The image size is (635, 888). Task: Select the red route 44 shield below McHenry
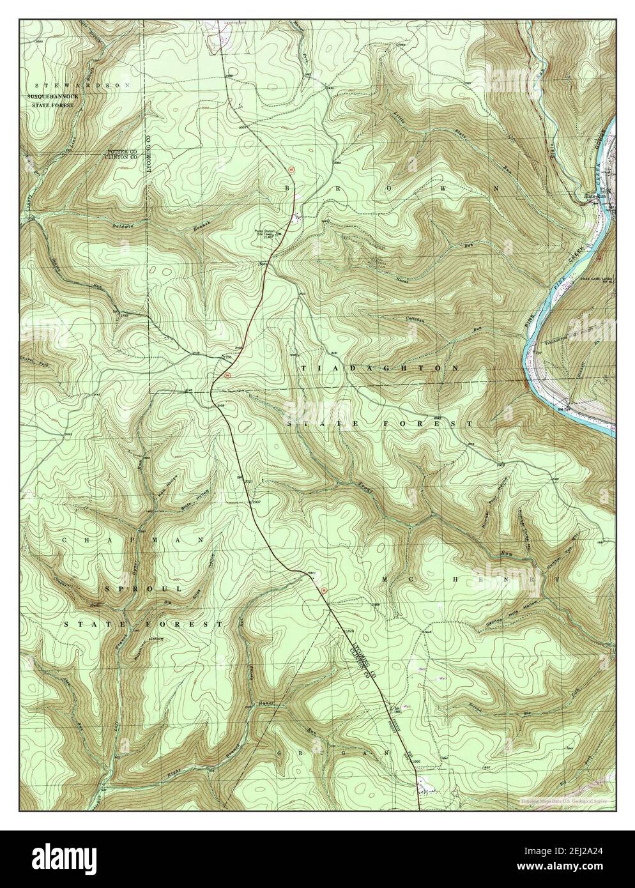323,590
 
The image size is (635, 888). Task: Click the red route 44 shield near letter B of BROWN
291,170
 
